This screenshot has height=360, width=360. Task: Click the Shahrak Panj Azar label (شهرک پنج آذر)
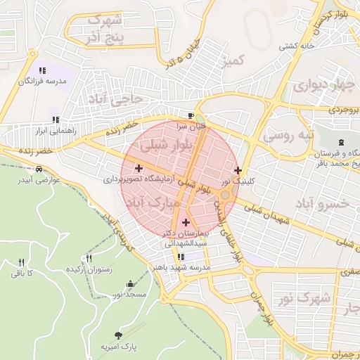(x=104, y=27)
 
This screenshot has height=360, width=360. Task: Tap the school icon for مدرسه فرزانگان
(x=42, y=70)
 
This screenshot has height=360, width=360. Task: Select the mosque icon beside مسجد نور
(x=130, y=284)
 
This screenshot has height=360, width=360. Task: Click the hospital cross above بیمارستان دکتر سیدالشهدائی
(x=186, y=222)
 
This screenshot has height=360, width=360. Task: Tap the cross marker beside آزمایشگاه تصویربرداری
(x=139, y=168)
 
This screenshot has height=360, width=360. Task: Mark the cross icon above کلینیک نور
(x=238, y=170)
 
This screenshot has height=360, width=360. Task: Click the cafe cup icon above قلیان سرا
(x=191, y=115)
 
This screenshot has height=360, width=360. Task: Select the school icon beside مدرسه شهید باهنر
(x=181, y=257)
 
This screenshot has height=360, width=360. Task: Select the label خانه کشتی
(x=296, y=46)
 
